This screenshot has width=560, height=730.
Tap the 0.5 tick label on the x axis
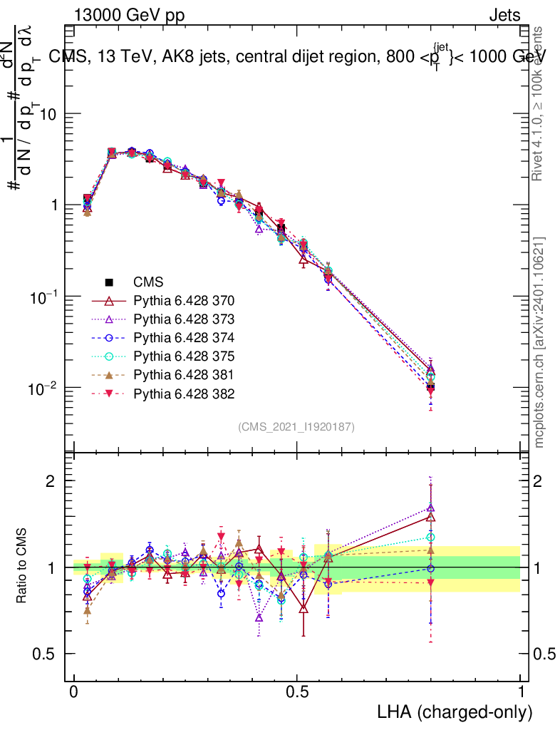[x=297, y=692]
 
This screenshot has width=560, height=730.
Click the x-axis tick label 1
[x=521, y=692]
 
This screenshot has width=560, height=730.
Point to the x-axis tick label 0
[x=74, y=692]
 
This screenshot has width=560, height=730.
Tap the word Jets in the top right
[x=504, y=16]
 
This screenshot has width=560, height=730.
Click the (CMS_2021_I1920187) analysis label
[x=296, y=426]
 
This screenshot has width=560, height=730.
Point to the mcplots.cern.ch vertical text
[x=539, y=342]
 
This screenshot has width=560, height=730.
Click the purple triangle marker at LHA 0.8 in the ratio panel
[x=430, y=508]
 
